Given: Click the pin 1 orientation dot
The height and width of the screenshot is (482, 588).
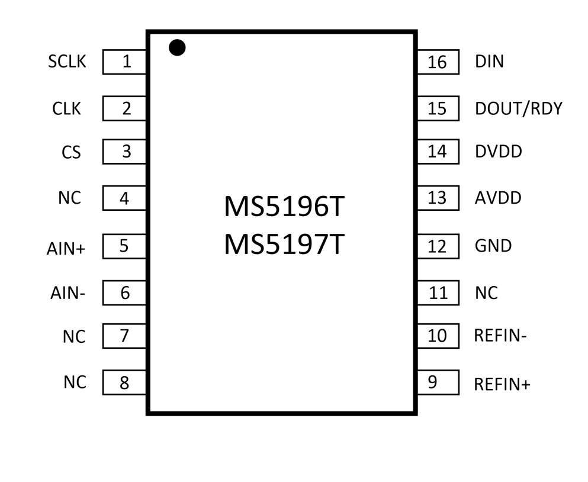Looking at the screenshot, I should point(177,47).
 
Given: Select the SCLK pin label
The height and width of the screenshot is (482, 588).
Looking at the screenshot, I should point(67,62).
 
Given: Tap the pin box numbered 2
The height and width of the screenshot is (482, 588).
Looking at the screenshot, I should point(125,109).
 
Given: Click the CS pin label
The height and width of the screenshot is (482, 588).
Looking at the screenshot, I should point(71,153).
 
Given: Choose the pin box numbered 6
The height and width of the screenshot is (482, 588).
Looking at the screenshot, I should point(125,293).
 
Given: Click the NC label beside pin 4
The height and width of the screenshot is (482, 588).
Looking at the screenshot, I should point(69,198).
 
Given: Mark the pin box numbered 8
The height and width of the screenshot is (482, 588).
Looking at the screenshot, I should point(125,383).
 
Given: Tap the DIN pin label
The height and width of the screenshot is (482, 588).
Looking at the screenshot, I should point(489,62).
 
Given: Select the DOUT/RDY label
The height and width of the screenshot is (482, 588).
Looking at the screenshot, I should point(518,109).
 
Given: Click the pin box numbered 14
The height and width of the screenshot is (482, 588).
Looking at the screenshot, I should point(438,152).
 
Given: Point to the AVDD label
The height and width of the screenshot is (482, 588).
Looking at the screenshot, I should point(498,198).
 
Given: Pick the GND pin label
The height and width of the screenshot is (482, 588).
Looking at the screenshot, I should point(493,246).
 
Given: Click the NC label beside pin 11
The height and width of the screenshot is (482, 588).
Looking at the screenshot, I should point(486,293).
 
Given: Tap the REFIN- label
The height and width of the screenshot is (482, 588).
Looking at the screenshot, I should point(500,336).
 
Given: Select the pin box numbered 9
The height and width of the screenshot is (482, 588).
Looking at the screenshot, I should point(438,383).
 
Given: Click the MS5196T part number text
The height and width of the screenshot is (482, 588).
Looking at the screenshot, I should point(284,208).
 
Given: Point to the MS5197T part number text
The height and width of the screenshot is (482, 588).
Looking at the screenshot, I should point(284,245).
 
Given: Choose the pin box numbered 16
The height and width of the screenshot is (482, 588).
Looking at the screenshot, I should point(438,62).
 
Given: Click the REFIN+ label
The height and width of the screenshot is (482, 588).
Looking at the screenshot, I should point(502,385).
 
